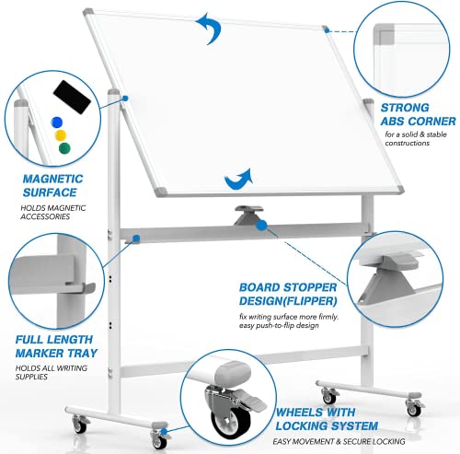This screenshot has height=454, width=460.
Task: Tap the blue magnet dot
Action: click(x=57, y=121)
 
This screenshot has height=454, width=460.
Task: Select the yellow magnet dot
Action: click(x=61, y=134)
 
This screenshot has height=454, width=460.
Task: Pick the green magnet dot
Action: click(x=63, y=147)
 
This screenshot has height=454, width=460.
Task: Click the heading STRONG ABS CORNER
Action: click(x=417, y=113)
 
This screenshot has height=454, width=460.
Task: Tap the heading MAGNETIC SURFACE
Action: click(x=43, y=184)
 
